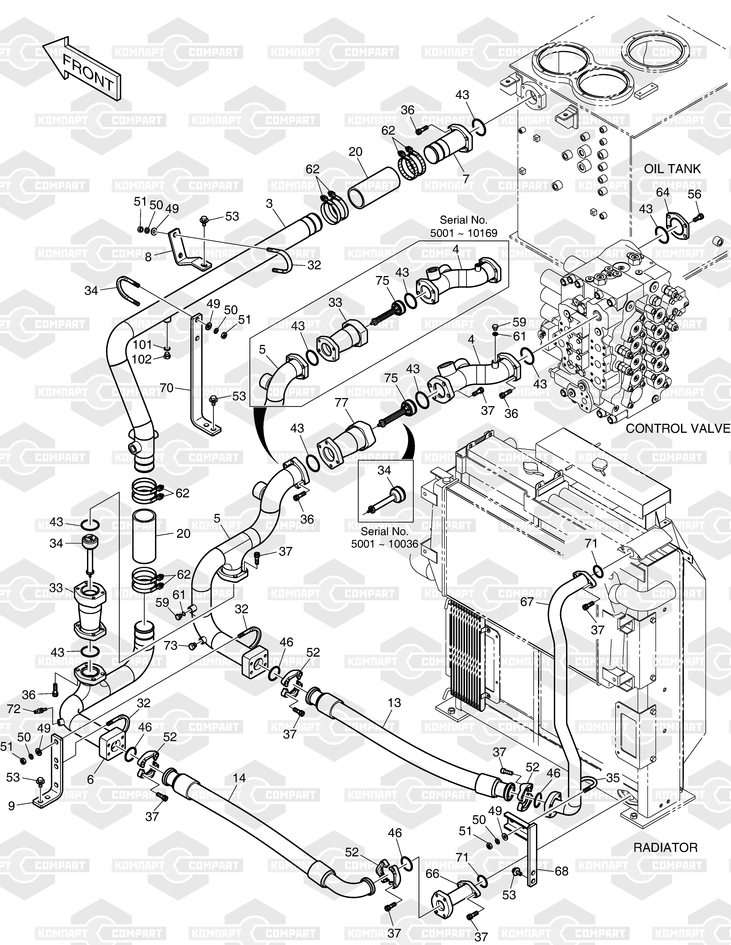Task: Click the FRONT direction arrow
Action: pyautogui.click(x=82, y=69)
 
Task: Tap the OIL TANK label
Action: pyautogui.click(x=672, y=169)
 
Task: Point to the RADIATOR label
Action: pyautogui.click(x=666, y=847)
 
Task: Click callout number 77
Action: pyautogui.click(x=342, y=403)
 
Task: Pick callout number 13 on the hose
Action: pyautogui.click(x=395, y=703)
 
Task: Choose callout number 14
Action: pyautogui.click(x=239, y=778)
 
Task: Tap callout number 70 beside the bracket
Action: pyautogui.click(x=167, y=388)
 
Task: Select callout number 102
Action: pyautogui.click(x=142, y=360)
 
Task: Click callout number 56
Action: pyautogui.click(x=694, y=194)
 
